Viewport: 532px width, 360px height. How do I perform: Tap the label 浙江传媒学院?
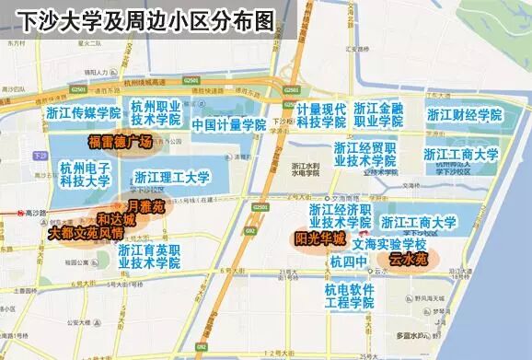coord(84,113)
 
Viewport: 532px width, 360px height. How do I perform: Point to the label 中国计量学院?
coord(223,124)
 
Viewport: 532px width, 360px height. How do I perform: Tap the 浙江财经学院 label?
coord(464,116)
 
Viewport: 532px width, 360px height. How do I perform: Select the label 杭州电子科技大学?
coord(86,173)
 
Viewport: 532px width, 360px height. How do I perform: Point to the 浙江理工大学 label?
coord(172,177)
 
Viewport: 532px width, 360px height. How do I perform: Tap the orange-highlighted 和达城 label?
coord(116,220)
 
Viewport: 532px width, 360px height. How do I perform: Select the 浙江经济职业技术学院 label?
coord(340,215)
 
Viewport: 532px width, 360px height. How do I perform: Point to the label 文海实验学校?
coord(389,246)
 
